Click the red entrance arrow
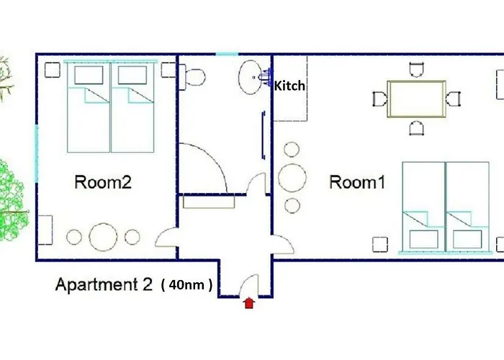click(249, 303)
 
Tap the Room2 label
click(103, 182)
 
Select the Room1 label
click(357, 182)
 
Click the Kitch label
click(289, 86)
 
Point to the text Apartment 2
click(104, 284)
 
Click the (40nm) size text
click(187, 285)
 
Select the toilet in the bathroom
click(193, 76)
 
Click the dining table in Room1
click(415, 98)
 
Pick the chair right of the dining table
click(453, 99)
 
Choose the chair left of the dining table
click(379, 99)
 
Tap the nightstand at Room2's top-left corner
click(53, 70)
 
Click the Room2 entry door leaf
click(166, 237)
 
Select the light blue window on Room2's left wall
click(35, 153)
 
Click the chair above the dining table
click(415, 70)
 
